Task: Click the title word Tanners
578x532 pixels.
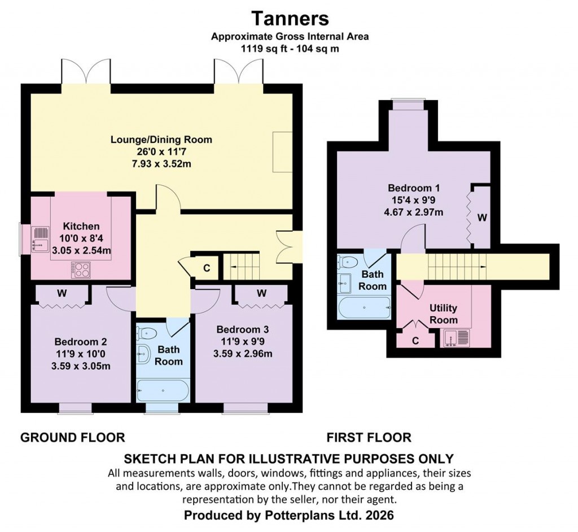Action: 290,18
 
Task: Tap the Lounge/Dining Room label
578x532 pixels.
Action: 161,139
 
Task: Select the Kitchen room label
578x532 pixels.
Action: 81,226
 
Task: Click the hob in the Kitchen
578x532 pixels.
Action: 80,269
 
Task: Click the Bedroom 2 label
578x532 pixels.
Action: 81,342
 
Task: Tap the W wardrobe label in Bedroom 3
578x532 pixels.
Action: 261,293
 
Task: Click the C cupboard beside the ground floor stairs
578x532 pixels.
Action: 207,268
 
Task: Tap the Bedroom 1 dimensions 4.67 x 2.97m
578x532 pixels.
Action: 414,212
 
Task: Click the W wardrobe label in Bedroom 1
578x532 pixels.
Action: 481,217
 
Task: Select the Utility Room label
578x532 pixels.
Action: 443,314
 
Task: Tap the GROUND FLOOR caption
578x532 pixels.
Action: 72,437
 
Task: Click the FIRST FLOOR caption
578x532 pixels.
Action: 369,437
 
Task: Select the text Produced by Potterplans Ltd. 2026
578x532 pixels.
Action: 288,515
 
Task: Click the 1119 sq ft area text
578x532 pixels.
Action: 262,49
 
